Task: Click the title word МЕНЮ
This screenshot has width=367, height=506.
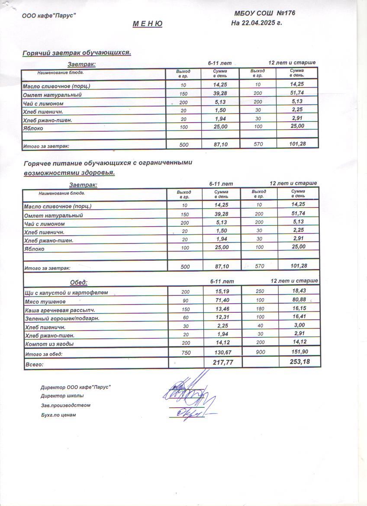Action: [x=147, y=24]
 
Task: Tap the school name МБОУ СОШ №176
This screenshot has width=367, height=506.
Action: [x=264, y=13]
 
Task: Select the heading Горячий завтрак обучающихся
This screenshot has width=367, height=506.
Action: [x=77, y=53]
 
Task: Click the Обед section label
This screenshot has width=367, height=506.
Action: [x=79, y=282]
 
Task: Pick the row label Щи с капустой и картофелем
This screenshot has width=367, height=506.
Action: [x=66, y=293]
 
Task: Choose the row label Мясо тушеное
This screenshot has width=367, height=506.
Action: [x=45, y=302]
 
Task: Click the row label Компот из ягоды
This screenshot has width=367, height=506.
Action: [x=49, y=344]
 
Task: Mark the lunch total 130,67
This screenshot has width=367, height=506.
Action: [x=222, y=353]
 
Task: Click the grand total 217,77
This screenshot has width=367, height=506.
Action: [x=223, y=363]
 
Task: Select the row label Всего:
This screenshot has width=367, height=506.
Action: [x=35, y=365]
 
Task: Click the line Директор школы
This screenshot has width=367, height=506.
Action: [x=62, y=396]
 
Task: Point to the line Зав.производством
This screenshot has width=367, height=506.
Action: [x=65, y=405]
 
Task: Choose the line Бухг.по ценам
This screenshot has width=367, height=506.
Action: [x=58, y=415]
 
